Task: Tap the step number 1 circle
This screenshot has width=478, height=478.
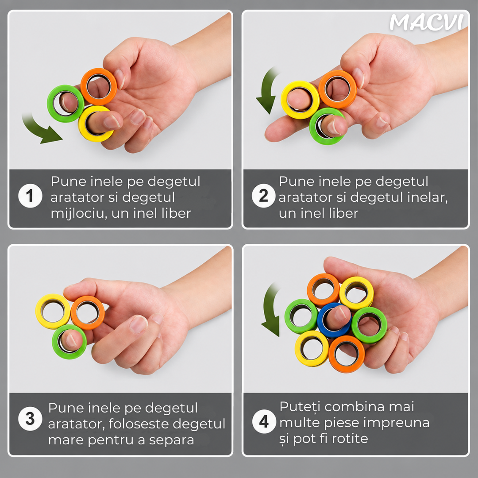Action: (30, 196)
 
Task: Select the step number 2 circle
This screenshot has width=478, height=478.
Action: (264, 196)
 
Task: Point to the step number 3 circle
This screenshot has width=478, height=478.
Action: (30, 419)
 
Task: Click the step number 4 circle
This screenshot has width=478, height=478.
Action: (264, 421)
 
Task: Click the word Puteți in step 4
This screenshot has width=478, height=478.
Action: (299, 407)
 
